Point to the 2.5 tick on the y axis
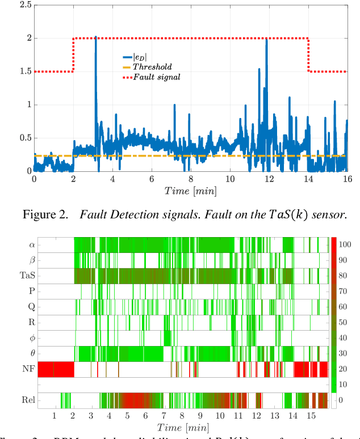23,5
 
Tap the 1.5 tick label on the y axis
23,71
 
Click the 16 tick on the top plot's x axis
347,179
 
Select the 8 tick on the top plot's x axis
191,179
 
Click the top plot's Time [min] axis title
190,192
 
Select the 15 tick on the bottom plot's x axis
311,416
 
